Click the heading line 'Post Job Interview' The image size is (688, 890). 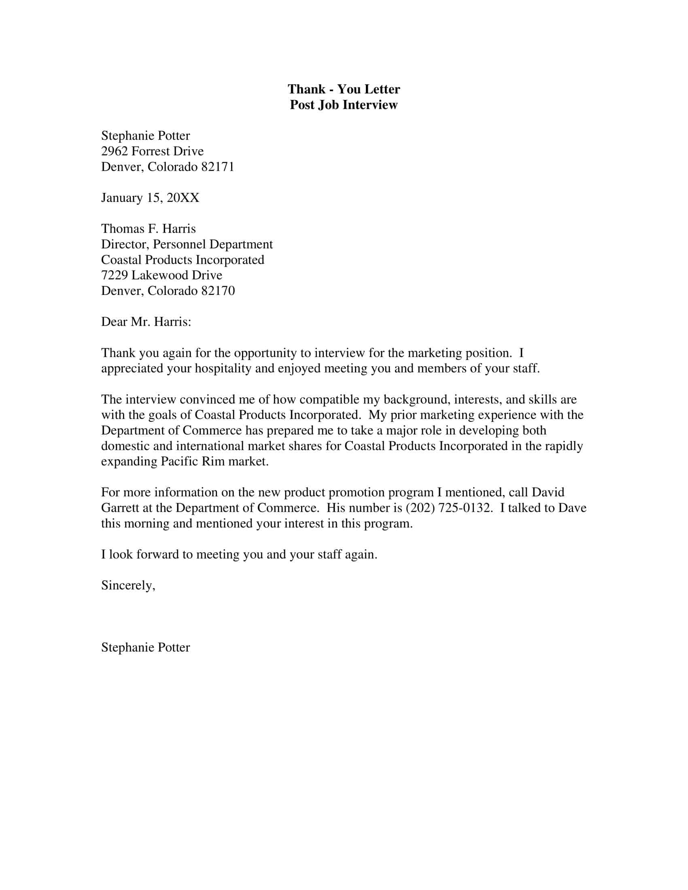click(344, 105)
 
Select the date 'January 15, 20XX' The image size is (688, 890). click(150, 198)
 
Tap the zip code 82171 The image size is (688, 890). click(218, 167)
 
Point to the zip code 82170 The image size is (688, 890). click(218, 291)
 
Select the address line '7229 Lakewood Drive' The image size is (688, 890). click(161, 275)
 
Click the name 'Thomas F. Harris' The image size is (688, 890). click(149, 229)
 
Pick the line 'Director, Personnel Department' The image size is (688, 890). click(187, 244)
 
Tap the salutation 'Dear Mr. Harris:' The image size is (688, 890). click(146, 322)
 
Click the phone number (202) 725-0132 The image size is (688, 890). click(448, 508)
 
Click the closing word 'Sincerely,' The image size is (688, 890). click(128, 586)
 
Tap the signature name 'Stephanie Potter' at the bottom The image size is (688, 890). click(145, 648)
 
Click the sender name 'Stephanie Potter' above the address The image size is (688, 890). click(145, 136)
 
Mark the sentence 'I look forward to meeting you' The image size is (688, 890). click(239, 555)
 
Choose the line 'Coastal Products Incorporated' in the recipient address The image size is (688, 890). click(183, 260)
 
